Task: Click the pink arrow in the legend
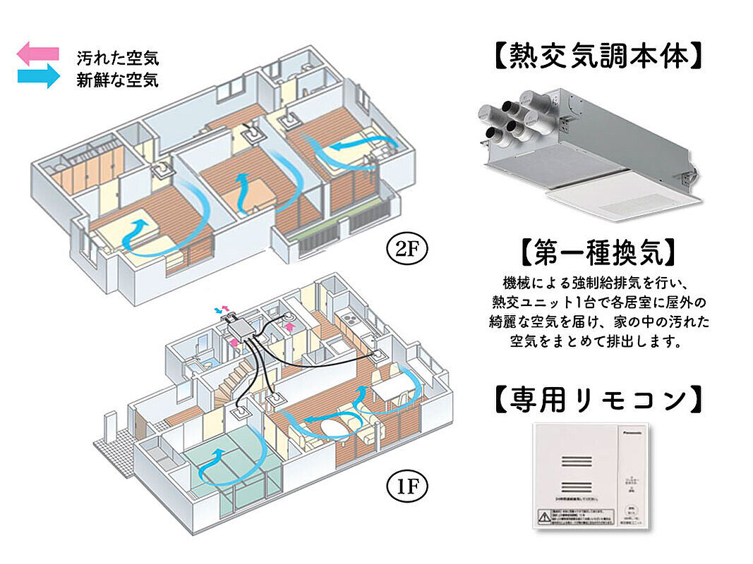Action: click(38, 54)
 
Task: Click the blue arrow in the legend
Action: click(38, 75)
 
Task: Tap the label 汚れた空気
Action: click(117, 56)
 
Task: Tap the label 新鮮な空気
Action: click(117, 79)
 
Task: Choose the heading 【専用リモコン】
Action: click(597, 400)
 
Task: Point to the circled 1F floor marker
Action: click(402, 486)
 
